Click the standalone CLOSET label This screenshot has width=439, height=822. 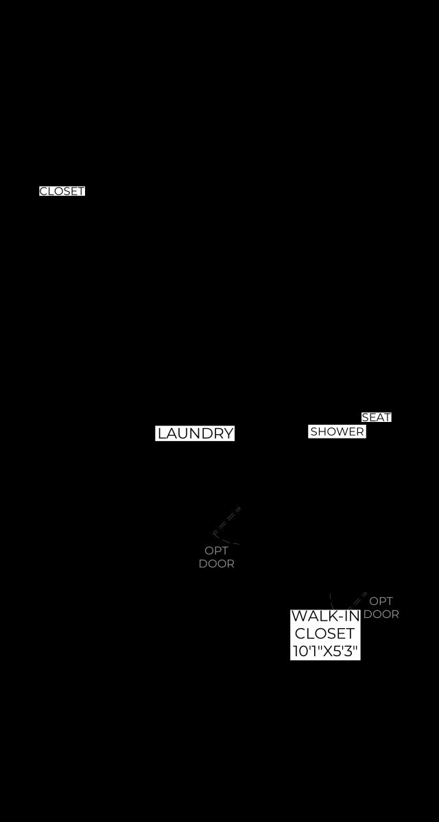pos(62,191)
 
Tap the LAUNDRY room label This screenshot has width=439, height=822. pos(195,434)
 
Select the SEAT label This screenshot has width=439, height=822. pos(377,417)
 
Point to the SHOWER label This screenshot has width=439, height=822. pos(337,432)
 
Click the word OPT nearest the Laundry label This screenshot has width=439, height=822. pos(216,551)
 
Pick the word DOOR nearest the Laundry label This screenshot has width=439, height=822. pos(216,564)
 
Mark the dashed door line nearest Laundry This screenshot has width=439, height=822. pos(226,521)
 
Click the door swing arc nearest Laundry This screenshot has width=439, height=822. pos(225,540)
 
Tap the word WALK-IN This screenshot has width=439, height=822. pos(325,616)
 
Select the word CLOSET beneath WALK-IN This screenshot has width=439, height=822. pos(324,634)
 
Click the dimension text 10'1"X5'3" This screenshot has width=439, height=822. pos(325,651)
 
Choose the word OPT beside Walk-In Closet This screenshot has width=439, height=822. pos(381,601)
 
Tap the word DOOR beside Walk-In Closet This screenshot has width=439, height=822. pos(381,614)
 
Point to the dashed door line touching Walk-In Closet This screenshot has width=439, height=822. pos(356,601)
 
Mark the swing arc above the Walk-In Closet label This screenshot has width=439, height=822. pos(331,602)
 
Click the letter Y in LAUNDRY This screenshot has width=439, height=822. pos(228,434)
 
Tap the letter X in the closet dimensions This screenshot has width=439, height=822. pos(328,651)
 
